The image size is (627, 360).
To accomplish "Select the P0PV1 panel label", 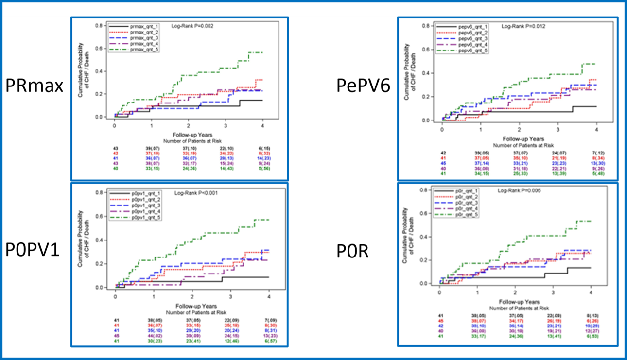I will pyautogui.click(x=33, y=251).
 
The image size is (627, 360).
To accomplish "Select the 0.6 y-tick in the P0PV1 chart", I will pyautogui.click(x=99, y=217).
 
